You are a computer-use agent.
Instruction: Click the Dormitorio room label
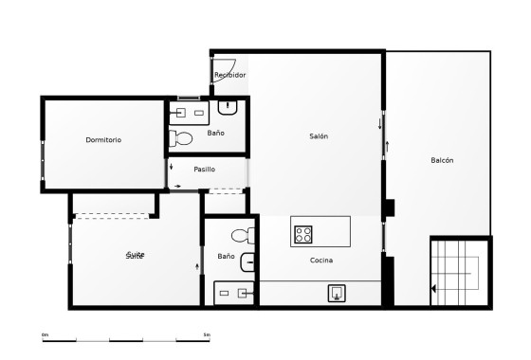click(x=103, y=140)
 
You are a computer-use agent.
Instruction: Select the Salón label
click(x=319, y=136)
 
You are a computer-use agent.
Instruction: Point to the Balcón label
click(x=442, y=160)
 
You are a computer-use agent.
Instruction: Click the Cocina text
click(x=320, y=260)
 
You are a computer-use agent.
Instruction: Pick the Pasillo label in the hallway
click(x=204, y=169)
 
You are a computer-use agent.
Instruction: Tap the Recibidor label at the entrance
click(x=229, y=75)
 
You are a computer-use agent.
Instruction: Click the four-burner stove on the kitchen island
click(x=303, y=232)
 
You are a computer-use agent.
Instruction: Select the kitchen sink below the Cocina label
click(x=337, y=293)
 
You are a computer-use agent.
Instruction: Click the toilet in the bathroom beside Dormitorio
click(x=183, y=139)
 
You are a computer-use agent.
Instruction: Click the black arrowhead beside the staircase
click(x=433, y=289)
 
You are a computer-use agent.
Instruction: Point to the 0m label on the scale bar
click(x=45, y=333)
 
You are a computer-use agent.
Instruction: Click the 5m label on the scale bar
click(x=207, y=333)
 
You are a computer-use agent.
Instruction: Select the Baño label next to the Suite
click(x=226, y=256)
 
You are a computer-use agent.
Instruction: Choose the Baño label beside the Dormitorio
click(x=216, y=133)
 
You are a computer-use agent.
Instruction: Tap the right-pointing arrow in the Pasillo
click(x=177, y=185)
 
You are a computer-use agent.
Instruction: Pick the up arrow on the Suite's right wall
click(x=197, y=266)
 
